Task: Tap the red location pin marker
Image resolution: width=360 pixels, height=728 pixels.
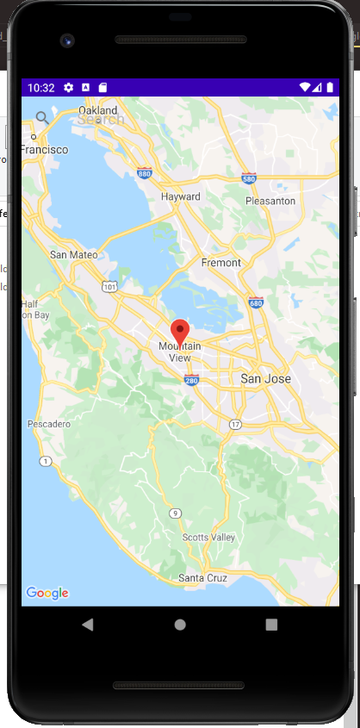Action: [x=180, y=331]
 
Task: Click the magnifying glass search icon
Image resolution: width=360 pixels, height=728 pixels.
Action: [x=42, y=117]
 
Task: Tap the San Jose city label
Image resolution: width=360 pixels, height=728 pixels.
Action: [x=265, y=378]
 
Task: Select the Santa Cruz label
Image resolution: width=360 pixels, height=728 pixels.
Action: [x=202, y=578]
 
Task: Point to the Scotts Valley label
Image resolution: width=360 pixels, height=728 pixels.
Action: [x=208, y=537]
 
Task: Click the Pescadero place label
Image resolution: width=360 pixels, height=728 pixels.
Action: [x=49, y=424]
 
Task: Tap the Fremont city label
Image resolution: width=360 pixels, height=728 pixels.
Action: [x=220, y=262]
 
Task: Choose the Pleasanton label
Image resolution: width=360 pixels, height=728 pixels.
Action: [x=270, y=200]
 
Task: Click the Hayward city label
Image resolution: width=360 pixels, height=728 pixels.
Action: [x=181, y=196]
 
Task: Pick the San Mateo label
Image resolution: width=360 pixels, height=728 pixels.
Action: [x=73, y=254]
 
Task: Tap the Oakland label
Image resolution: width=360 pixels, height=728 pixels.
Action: [x=97, y=110]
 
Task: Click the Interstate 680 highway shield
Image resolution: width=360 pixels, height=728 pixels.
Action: [x=255, y=302]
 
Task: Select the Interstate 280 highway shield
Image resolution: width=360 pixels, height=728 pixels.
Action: [x=191, y=380]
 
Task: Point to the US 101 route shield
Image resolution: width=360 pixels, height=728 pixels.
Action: [x=109, y=284]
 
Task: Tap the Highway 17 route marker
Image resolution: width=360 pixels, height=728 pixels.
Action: [x=235, y=424]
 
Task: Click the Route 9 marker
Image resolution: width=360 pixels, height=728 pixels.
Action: [x=176, y=513]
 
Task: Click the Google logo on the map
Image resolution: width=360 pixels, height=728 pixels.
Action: [x=47, y=593]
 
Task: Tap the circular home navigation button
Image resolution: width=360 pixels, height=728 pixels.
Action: [x=180, y=625]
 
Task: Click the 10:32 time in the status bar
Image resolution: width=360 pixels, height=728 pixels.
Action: [x=40, y=88]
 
